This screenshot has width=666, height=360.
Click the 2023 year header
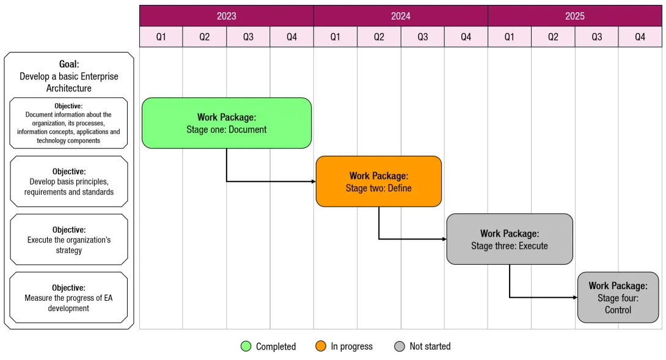click(x=226, y=16)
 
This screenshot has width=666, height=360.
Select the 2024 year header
click(x=400, y=16)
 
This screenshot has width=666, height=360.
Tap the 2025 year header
click(x=574, y=16)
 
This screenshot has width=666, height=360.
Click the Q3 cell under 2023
click(x=248, y=37)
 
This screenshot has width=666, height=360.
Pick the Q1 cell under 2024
click(x=335, y=37)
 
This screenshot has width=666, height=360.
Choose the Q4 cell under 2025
click(x=640, y=37)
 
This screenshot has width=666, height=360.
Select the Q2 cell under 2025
click(x=553, y=37)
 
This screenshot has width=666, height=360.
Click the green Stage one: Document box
click(x=227, y=123)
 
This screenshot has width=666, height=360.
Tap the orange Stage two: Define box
click(x=379, y=182)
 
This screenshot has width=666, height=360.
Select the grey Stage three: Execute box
click(x=510, y=239)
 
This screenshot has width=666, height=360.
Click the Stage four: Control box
click(x=618, y=297)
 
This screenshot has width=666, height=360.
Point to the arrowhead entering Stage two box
click(x=313, y=182)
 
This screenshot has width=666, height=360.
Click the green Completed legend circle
click(x=246, y=347)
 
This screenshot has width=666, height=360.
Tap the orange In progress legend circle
click(x=321, y=347)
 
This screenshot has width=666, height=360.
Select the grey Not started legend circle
click(x=400, y=347)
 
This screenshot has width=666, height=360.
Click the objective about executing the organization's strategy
click(x=69, y=240)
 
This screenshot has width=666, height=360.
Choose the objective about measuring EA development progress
click(x=69, y=298)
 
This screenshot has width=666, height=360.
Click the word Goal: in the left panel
click(x=69, y=64)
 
